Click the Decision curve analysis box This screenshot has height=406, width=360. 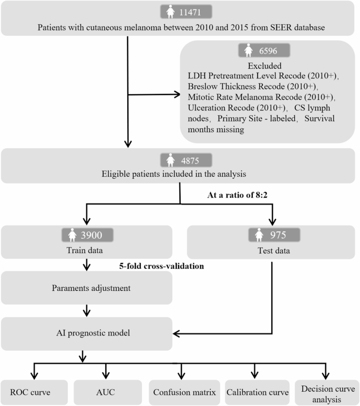(326, 392)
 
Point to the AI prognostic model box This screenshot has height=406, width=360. (86, 333)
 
